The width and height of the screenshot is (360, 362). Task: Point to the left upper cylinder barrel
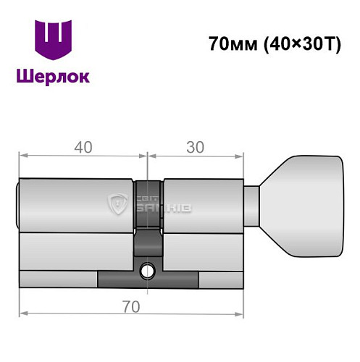pos(76,205)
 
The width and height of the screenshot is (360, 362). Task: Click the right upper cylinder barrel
pos(203,205)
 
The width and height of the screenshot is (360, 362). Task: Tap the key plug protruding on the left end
pos(18,205)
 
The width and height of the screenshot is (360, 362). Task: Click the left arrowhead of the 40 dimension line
pos(22,155)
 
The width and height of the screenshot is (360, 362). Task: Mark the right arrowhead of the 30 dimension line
pos(240,155)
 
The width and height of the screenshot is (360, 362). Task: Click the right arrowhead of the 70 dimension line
pos(240,313)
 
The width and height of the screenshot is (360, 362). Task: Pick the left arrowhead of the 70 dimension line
pos(22,313)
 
